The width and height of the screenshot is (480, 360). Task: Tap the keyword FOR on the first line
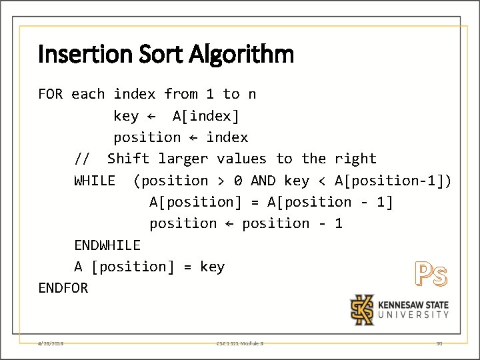click(51, 94)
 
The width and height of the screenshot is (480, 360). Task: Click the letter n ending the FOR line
click(251, 94)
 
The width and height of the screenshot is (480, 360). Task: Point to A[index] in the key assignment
click(205, 116)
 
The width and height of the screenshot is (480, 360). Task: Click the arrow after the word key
click(151, 116)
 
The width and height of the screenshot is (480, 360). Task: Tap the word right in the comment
click(355, 159)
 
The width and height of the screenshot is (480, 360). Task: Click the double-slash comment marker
click(82, 159)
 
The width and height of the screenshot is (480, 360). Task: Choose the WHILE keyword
click(95, 181)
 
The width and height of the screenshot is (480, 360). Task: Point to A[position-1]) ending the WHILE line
click(393, 181)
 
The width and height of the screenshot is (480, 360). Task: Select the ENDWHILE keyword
click(107, 245)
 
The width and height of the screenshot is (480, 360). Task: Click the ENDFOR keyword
click(63, 288)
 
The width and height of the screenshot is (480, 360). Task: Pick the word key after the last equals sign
click(212, 267)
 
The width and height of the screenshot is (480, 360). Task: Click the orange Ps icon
click(431, 274)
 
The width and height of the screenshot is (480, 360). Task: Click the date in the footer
click(51, 343)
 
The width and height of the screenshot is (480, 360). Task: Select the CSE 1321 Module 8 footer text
click(240, 343)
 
